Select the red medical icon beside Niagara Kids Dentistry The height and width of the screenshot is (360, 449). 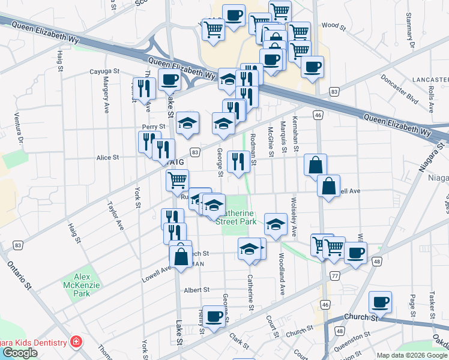pyautogui.click(x=76, y=343)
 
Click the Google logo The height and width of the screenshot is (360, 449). pyautogui.click(x=20, y=353)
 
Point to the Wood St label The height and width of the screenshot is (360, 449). pyautogui.click(x=334, y=25)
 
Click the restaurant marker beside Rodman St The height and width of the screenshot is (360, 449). pyautogui.click(x=238, y=161)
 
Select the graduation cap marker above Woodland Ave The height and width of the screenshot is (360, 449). pyautogui.click(x=275, y=225)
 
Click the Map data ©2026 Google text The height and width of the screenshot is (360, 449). pyautogui.click(x=412, y=355)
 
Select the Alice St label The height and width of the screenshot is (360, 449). pyautogui.click(x=108, y=157)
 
